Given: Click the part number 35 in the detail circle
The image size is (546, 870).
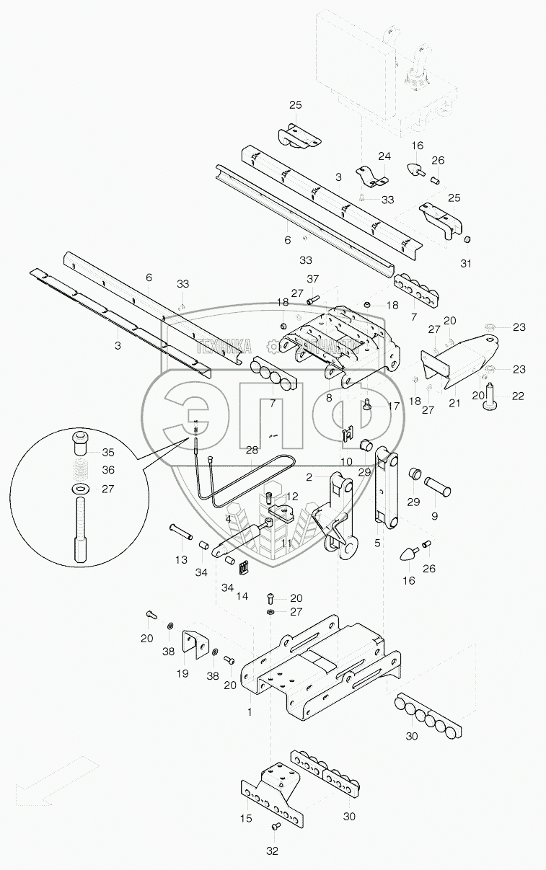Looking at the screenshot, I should coord(107,453).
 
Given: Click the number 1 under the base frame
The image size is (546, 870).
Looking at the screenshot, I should coord(250,711).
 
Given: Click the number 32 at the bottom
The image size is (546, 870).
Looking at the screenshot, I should coord(272,851).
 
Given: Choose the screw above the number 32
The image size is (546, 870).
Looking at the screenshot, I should coord(275,826).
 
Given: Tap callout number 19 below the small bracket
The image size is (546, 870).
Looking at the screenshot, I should coord(182,673).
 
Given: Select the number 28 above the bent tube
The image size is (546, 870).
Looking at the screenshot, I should coord(252,450).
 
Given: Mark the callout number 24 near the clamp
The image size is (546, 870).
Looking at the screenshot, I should coord(384,156).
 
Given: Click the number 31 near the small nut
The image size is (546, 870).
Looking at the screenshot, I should coord(466,264).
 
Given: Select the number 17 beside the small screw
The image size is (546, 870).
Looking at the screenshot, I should coord(393,407).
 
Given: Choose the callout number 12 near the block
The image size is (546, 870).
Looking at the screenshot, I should coord(291,497).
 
